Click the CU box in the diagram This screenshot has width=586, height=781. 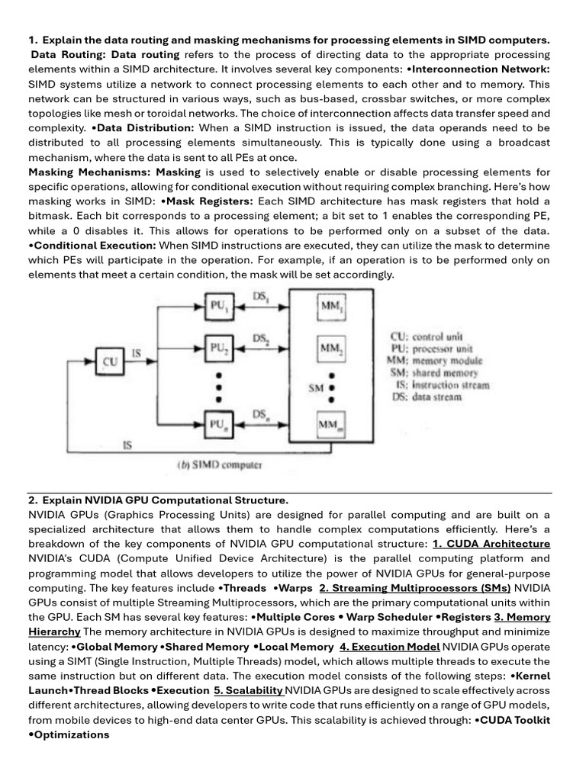point(111,362)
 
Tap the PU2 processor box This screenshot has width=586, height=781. point(217,349)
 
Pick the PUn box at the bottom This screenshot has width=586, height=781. point(217,423)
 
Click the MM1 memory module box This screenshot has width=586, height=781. point(330,307)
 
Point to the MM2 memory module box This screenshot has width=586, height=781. point(330,349)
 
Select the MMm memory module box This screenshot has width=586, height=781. point(330,424)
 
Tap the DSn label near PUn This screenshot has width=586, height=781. point(260,413)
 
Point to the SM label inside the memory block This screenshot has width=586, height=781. point(316,387)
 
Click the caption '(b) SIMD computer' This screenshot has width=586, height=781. point(221,464)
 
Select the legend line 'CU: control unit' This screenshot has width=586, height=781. point(427,336)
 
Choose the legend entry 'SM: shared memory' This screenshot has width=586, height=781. point(433,373)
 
